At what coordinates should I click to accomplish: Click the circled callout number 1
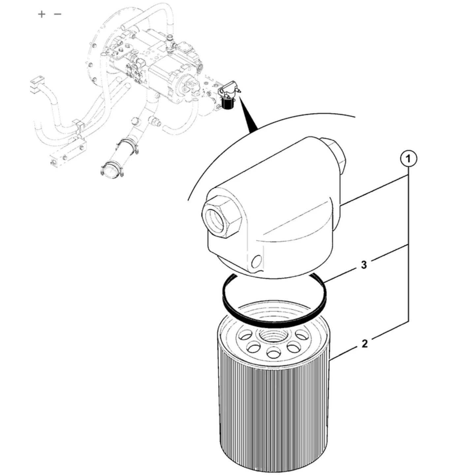(408, 159)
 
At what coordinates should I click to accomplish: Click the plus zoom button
(42, 14)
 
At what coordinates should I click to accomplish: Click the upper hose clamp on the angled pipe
(128, 147)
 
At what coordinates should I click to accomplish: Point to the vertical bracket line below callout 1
(408, 244)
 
